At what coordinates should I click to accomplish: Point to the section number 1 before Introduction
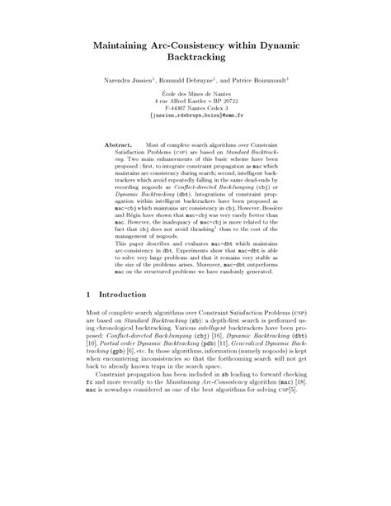pos(88,316)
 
